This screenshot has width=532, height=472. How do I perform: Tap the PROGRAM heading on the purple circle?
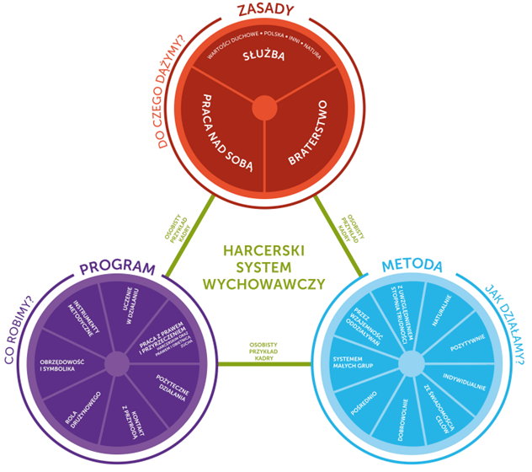(118, 269)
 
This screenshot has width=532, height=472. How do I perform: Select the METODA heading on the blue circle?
(412, 266)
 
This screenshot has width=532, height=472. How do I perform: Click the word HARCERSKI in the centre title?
(263, 251)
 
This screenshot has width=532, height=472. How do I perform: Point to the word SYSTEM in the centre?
(263, 267)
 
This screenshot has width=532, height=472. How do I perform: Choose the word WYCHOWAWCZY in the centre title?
(263, 284)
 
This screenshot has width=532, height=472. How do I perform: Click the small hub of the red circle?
(263, 108)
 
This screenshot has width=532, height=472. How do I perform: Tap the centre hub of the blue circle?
(411, 364)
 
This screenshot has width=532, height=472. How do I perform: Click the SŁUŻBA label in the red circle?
(263, 57)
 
